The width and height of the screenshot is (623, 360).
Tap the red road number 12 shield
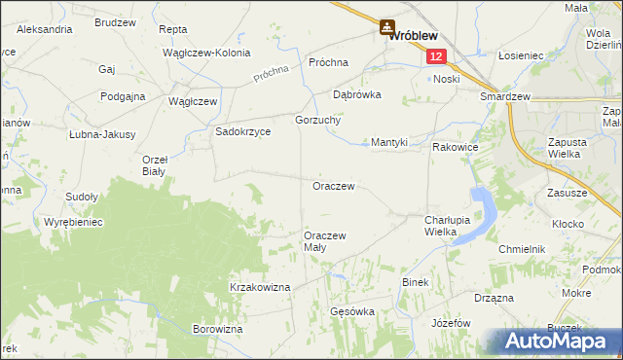point(434,57)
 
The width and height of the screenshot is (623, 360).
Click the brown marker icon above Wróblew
point(387,28)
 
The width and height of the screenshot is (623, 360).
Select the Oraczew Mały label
point(325,241)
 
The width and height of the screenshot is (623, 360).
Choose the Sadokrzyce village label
point(243,131)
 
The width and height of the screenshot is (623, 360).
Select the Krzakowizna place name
point(260,287)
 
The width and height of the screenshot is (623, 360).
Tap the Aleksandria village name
point(44,30)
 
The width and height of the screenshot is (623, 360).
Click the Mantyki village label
point(389,142)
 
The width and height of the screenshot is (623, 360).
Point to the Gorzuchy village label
point(315,120)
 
